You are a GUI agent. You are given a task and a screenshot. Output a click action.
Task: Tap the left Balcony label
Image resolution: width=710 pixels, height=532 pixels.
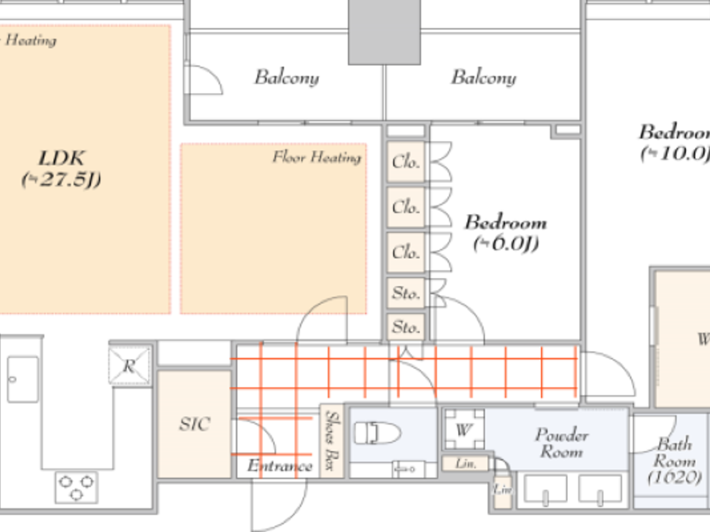pos(287,77)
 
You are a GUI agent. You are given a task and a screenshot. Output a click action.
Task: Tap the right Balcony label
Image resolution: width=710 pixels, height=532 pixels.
pos(483,77)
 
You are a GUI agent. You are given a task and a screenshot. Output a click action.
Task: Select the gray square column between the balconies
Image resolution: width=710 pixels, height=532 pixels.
pos(384,31)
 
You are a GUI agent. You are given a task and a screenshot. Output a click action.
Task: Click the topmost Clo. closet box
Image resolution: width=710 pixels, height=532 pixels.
pos(406,162)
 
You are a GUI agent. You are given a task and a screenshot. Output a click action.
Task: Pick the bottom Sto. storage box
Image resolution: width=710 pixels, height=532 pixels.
pos(406,327)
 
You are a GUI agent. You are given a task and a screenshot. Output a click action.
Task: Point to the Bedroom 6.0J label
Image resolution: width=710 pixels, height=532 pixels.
pos(506,233)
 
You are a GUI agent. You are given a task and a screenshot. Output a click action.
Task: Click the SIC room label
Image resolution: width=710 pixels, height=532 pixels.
pos(194,424)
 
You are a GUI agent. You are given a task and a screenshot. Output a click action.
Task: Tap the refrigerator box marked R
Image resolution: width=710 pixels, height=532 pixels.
pos(130,365)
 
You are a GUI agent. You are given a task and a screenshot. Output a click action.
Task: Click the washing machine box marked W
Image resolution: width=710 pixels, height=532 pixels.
pos(464,430)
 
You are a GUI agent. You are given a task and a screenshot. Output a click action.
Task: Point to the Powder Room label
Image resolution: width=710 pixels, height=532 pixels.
pos(561,443)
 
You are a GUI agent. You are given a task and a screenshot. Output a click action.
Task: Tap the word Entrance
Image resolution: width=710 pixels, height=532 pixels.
pos(279,466)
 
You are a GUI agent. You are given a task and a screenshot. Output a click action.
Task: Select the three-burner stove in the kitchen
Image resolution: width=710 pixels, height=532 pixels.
pos(76,487)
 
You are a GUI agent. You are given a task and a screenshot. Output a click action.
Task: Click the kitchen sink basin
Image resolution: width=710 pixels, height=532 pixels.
pos(23,379)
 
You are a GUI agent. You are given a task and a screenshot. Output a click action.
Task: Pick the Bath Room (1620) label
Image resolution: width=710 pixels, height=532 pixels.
pos(674,461)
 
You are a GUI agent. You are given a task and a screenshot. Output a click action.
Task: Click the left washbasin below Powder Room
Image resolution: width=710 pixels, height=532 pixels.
pos(545,489)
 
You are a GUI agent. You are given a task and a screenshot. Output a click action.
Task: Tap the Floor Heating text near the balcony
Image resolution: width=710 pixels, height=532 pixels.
pos(317,157)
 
